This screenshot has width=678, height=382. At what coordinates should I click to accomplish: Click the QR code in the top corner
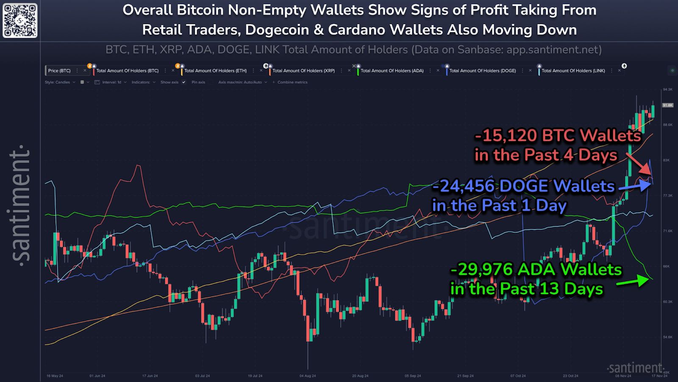(20, 20)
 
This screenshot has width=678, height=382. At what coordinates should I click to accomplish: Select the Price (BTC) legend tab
(59, 71)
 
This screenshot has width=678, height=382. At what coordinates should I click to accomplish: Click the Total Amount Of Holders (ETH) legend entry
(215, 71)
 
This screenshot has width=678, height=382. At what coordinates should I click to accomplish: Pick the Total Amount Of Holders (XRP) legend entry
(303, 71)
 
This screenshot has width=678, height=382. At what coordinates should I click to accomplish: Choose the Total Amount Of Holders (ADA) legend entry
(392, 71)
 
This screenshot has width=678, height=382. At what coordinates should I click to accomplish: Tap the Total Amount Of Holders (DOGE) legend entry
(482, 71)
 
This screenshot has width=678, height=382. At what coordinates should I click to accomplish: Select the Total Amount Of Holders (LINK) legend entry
(573, 71)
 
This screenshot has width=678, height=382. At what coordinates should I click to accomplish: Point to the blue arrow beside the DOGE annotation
(635, 185)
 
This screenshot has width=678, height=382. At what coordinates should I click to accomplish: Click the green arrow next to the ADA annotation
(633, 281)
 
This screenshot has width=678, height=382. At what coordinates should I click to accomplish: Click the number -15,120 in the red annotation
(506, 136)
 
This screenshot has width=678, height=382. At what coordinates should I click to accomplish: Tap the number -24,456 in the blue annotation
(464, 186)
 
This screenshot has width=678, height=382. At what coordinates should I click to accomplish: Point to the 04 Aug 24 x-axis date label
(307, 376)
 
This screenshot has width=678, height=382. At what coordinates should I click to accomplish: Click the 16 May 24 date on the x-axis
(55, 376)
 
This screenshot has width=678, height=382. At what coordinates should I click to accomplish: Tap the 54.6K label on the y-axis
(667, 337)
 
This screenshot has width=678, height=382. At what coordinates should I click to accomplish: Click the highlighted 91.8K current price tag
(667, 105)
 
